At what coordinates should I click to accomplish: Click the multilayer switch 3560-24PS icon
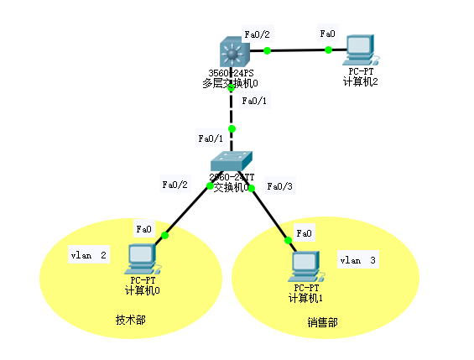[x=231, y=52]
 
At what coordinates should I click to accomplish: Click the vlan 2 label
[x=88, y=255]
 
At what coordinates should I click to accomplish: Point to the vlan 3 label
[x=357, y=261]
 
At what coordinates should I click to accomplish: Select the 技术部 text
[x=130, y=320]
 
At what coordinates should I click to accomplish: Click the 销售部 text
[x=322, y=322]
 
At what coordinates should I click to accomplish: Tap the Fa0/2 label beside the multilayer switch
[x=257, y=34]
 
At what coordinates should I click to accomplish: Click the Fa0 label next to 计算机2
[x=327, y=34]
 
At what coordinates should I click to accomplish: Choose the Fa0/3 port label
[x=279, y=186]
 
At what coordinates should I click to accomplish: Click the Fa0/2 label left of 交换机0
[x=175, y=185]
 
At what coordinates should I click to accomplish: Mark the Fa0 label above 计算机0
[x=143, y=227]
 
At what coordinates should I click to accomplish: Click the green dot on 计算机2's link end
[x=328, y=50]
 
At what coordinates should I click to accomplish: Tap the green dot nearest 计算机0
[x=164, y=236]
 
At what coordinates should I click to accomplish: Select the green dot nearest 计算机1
[x=289, y=240]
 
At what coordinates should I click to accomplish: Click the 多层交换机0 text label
[x=231, y=84]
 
